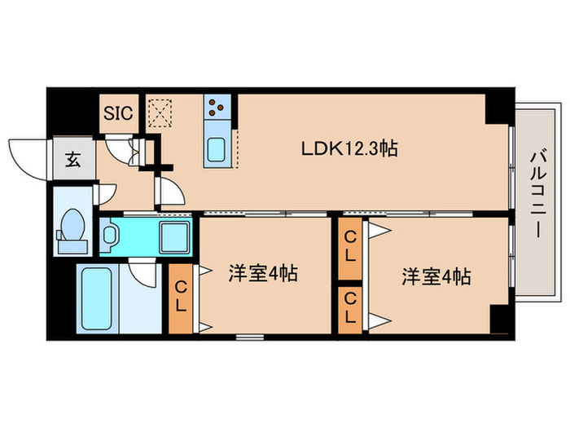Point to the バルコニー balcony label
[x=537, y=192]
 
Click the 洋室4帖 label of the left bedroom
[x=261, y=275]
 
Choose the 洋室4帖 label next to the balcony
[x=435, y=276]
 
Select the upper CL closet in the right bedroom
[x=350, y=246]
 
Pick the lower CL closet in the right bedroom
[x=350, y=308]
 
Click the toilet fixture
[x=72, y=227]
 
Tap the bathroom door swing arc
[x=142, y=272]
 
